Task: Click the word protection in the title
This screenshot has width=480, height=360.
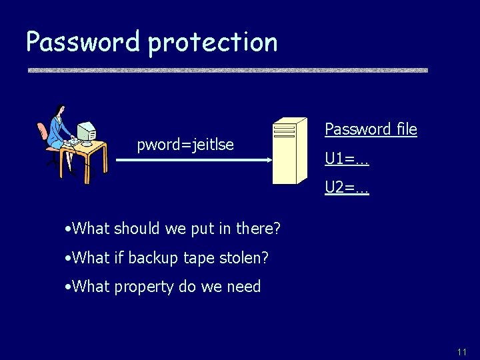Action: tap(213, 43)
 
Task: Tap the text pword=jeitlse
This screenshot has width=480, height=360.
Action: tap(185, 145)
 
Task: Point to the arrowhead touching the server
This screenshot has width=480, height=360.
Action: tap(268, 160)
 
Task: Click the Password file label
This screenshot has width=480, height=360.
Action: tap(371, 129)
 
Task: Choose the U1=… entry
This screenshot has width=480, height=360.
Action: tap(347, 159)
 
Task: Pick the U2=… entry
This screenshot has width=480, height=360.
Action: tap(347, 188)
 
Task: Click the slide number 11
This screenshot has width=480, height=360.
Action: tap(462, 351)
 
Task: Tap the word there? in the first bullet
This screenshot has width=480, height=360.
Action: tap(259, 229)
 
